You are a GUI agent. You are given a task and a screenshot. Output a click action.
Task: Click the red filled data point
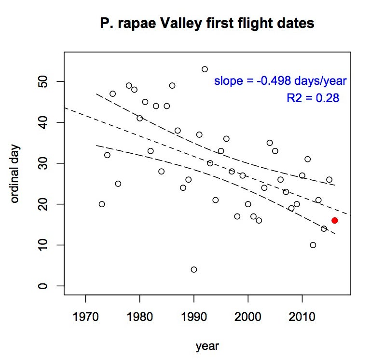coord(334,220)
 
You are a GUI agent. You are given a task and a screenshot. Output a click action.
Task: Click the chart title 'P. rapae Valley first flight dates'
coord(207,23)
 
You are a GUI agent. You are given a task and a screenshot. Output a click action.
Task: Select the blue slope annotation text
coord(280,81)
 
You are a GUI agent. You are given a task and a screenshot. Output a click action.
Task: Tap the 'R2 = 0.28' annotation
coord(313,98)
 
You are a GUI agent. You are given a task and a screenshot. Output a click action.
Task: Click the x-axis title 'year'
coord(207,346)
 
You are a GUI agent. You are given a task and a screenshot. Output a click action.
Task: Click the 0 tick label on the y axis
coord(45,286)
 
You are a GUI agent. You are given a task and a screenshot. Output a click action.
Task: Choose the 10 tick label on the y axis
coord(45,245)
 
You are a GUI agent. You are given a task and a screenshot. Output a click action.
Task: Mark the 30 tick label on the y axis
coord(45,163)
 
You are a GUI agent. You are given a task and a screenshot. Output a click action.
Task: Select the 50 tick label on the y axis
coord(45,81)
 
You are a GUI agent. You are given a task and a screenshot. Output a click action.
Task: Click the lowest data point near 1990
coord(194,269)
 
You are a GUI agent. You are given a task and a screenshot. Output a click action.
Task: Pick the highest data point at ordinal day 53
coord(205,69)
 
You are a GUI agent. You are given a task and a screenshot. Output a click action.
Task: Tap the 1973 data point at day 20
coord(102,204)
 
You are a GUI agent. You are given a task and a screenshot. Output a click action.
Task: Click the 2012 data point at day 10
coord(313,245)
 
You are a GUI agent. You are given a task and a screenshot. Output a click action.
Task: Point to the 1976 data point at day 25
coord(118,184)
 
